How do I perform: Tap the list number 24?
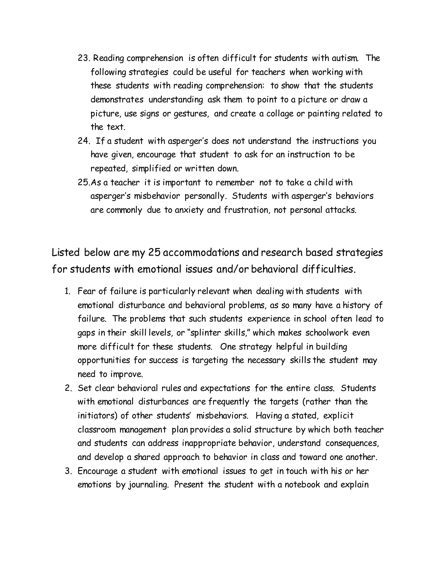pos(84,141)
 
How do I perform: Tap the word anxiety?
pos(189,210)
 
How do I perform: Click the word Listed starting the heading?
pos(66,252)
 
